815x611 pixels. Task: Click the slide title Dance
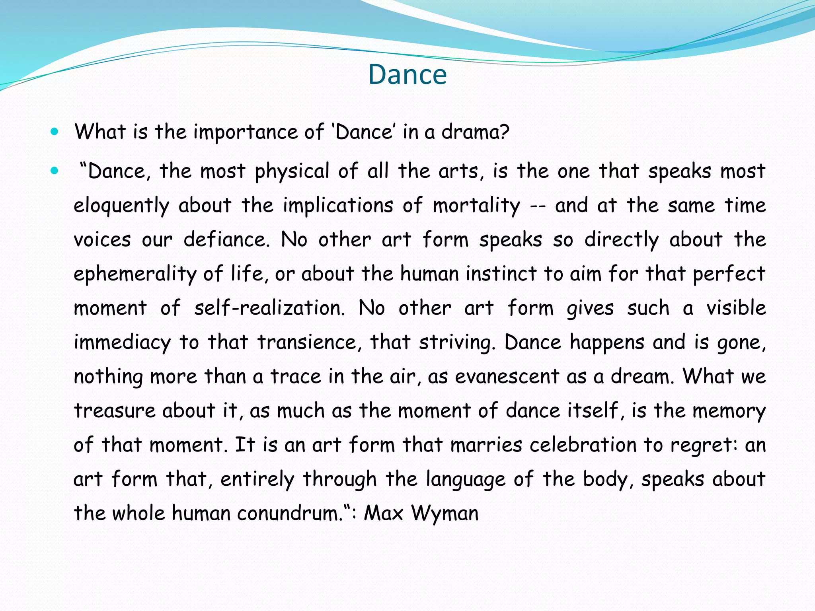pyautogui.click(x=407, y=74)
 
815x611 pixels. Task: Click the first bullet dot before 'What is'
pyautogui.click(x=55, y=131)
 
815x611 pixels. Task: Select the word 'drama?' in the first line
pyautogui.click(x=475, y=132)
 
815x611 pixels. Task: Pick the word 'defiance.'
pyautogui.click(x=226, y=240)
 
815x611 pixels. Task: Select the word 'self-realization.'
pyautogui.click(x=269, y=308)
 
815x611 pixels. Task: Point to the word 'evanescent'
pyautogui.click(x=507, y=376)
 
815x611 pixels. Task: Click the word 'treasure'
pyautogui.click(x=115, y=411)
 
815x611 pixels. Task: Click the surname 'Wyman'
pyautogui.click(x=445, y=514)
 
